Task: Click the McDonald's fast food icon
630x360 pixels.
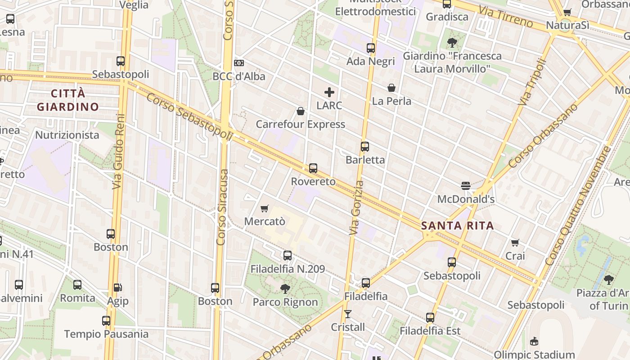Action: point(466,186)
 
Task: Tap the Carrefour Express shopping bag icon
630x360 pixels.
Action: point(301,111)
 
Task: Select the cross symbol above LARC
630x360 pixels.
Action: point(329,93)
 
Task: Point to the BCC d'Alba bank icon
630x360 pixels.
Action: point(239,63)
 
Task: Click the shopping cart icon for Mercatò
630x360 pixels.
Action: point(265,208)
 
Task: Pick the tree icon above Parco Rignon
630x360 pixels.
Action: point(285,288)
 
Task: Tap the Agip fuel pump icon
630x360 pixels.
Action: point(117,287)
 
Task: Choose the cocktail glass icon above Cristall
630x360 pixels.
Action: point(347,314)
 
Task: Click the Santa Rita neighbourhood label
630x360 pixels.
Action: point(458,225)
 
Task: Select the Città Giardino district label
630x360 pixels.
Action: point(68,100)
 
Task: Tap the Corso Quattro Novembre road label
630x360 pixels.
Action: point(579,205)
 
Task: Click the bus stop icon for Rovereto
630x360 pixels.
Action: point(313,168)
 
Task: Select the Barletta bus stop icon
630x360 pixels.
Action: point(365,147)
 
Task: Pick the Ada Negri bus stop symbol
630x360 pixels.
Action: point(371,48)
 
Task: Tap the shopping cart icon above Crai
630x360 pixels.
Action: point(515,243)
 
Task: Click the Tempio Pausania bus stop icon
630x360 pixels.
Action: point(106,321)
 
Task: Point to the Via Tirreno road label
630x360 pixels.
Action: point(506,16)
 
